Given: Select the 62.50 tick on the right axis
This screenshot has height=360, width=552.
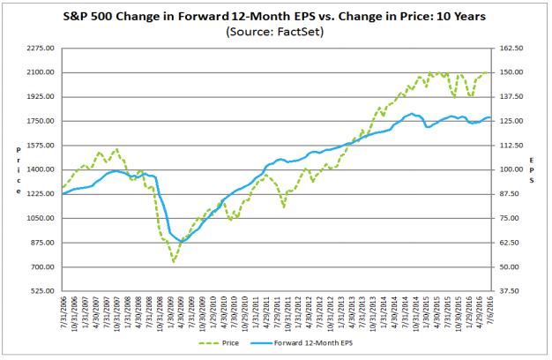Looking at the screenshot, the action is coord(510,243).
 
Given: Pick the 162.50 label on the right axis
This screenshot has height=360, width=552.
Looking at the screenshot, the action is coord(511,48).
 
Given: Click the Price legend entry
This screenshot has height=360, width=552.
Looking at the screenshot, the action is coord(219,342).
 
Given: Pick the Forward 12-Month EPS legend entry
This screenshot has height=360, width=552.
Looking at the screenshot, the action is coord(302,342).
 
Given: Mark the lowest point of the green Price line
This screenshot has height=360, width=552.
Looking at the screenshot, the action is coord(174,262).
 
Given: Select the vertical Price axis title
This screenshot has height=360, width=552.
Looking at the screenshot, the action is coord(19,170).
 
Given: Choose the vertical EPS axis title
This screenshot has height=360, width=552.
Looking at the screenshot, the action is coord(532,170).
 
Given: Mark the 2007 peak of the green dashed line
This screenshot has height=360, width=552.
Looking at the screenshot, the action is coord(116,149).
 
